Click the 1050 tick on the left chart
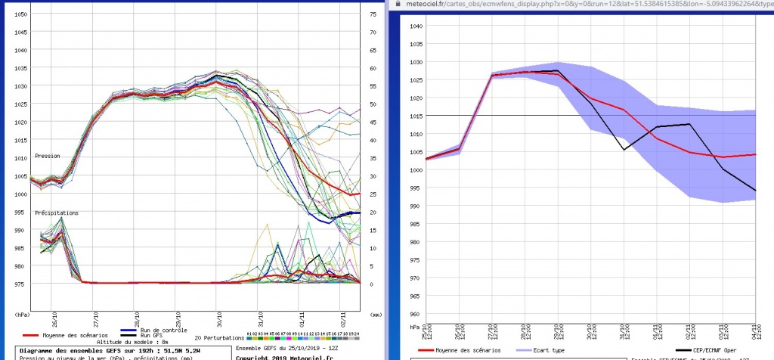22,15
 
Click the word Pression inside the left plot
46,157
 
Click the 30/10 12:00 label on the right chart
591,331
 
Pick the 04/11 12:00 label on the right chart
754,331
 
